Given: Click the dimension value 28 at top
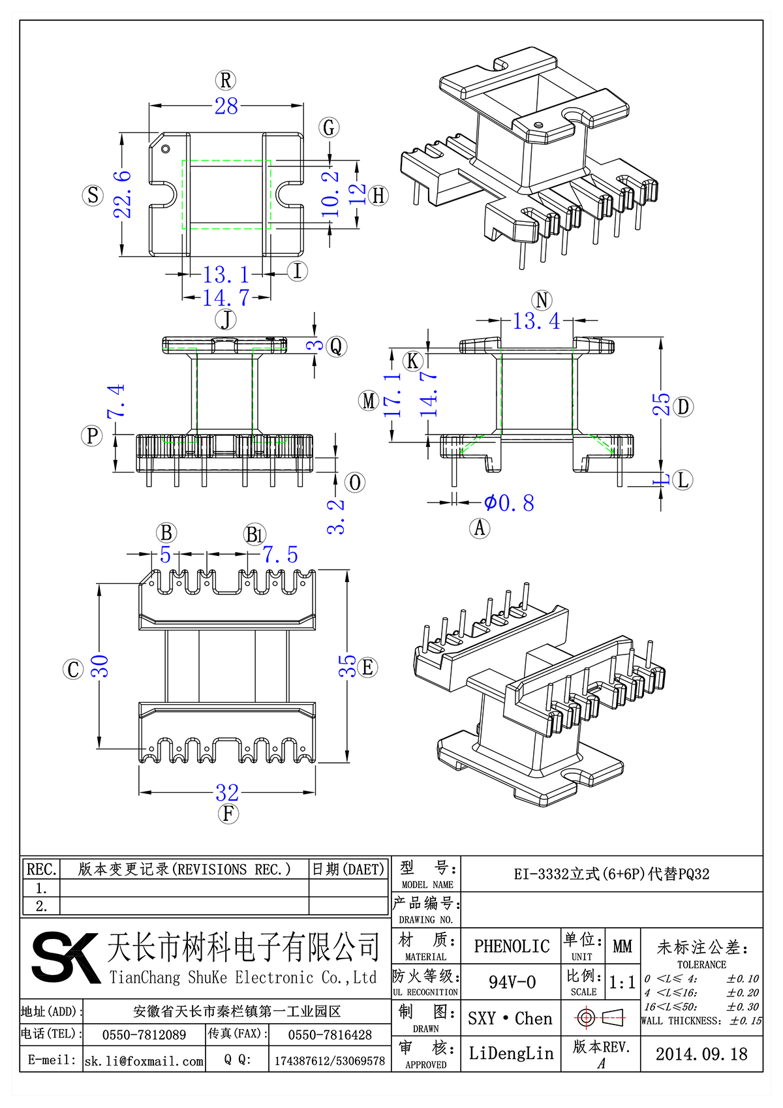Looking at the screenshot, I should pyautogui.click(x=226, y=106).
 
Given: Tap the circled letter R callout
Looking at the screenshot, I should pyautogui.click(x=226, y=80).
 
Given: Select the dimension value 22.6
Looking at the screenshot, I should pyautogui.click(x=123, y=194).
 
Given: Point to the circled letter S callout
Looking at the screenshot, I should pyautogui.click(x=93, y=195).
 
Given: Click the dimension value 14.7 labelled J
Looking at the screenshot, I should pyautogui.click(x=226, y=298).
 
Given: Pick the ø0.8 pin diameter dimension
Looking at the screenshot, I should pyautogui.click(x=510, y=503).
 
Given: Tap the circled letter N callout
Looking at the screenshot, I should pyautogui.click(x=542, y=300).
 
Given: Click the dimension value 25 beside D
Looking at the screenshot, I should pyautogui.click(x=662, y=405).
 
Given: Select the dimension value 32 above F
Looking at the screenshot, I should pyautogui.click(x=227, y=793).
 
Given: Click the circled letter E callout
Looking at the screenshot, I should pyautogui.click(x=367, y=668).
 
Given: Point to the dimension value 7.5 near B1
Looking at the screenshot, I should pyautogui.click(x=281, y=555).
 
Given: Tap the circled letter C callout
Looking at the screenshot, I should pyautogui.click(x=73, y=669).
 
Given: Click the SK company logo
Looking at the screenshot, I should pyautogui.click(x=65, y=957).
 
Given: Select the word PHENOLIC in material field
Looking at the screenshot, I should pyautogui.click(x=512, y=946).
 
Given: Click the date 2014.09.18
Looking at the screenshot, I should pyautogui.click(x=701, y=1054).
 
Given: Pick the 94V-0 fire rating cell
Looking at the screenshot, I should pyautogui.click(x=512, y=982).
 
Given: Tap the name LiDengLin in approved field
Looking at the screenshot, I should pyautogui.click(x=512, y=1053).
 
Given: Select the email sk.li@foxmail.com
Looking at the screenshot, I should pyautogui.click(x=144, y=1061).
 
